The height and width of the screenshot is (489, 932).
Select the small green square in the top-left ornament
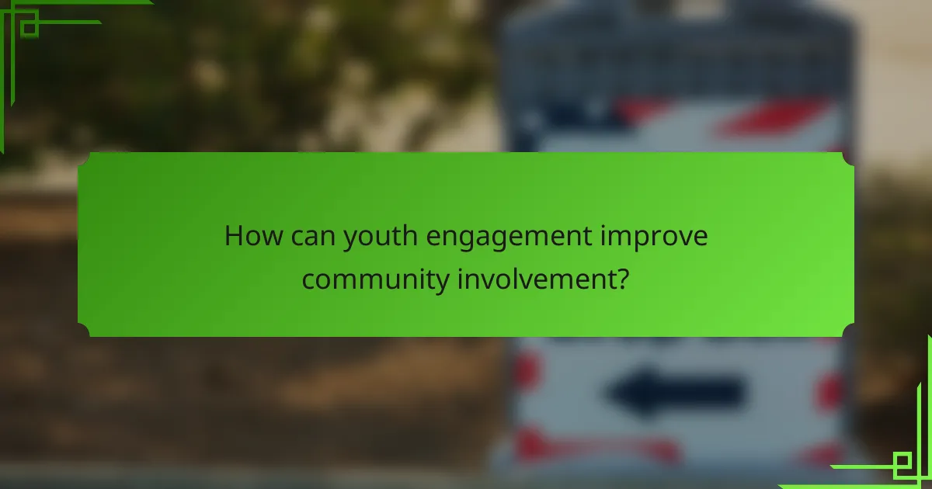tap(29, 29)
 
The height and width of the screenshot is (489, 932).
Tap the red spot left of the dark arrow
tap(526, 371)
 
